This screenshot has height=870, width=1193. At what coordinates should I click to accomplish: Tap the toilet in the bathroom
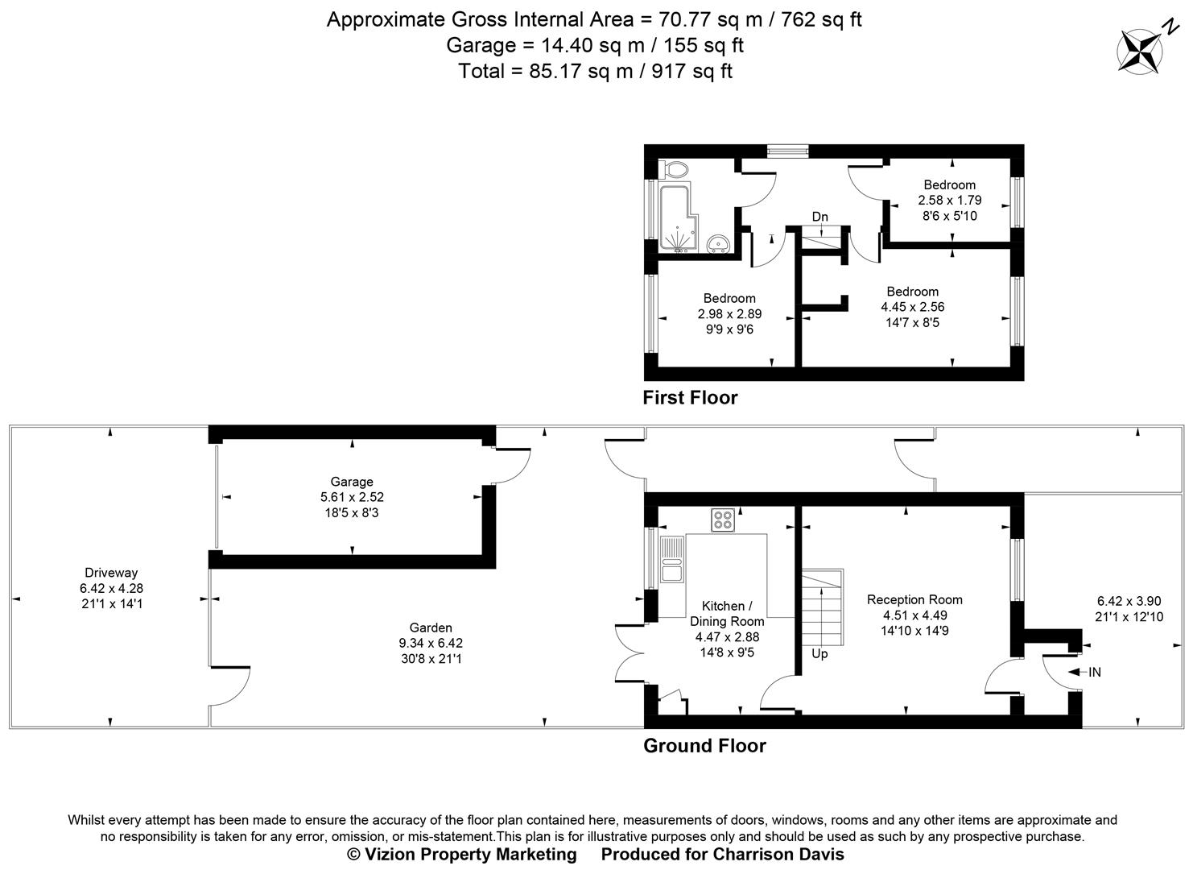(x=674, y=169)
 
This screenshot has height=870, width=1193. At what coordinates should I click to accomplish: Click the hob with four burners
(x=723, y=520)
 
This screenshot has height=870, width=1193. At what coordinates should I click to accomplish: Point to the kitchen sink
(x=671, y=559)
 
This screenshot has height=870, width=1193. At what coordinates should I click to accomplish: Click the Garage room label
(x=352, y=482)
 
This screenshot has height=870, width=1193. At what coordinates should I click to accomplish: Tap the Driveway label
(x=111, y=573)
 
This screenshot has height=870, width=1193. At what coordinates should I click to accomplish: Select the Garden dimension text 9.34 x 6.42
(x=431, y=643)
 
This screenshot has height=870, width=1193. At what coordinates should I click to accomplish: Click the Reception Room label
(x=914, y=599)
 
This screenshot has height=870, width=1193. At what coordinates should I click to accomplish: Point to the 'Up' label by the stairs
(x=819, y=653)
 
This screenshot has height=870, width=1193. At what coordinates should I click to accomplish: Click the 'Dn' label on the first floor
(x=819, y=217)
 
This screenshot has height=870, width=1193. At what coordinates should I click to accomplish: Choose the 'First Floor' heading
(x=690, y=397)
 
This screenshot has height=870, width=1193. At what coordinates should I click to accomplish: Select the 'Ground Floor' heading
(x=704, y=746)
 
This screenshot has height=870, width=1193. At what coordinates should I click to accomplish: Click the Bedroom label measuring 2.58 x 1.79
(x=949, y=184)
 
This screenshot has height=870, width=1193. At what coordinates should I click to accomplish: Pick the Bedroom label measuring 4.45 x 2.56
(x=912, y=292)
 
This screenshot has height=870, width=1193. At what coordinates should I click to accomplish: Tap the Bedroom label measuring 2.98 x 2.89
(x=729, y=298)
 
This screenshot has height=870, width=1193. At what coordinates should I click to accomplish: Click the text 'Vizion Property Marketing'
(x=471, y=854)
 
